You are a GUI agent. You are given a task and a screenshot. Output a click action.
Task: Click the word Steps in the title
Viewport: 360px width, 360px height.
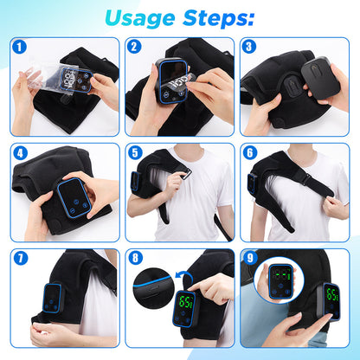coord(217,17)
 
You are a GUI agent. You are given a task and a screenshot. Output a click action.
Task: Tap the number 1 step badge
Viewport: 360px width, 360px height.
coord(20,48)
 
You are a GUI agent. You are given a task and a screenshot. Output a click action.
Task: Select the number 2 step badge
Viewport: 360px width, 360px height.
coord(135,48)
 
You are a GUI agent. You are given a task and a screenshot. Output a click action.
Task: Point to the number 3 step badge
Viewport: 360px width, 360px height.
coord(250,48)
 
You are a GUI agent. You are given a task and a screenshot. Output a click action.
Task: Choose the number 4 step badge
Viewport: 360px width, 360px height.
coord(20,153)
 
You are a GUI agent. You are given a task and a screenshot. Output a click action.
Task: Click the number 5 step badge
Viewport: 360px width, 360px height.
coord(135,153)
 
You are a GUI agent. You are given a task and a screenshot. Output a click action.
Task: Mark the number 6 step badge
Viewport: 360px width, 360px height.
coord(250,153)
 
